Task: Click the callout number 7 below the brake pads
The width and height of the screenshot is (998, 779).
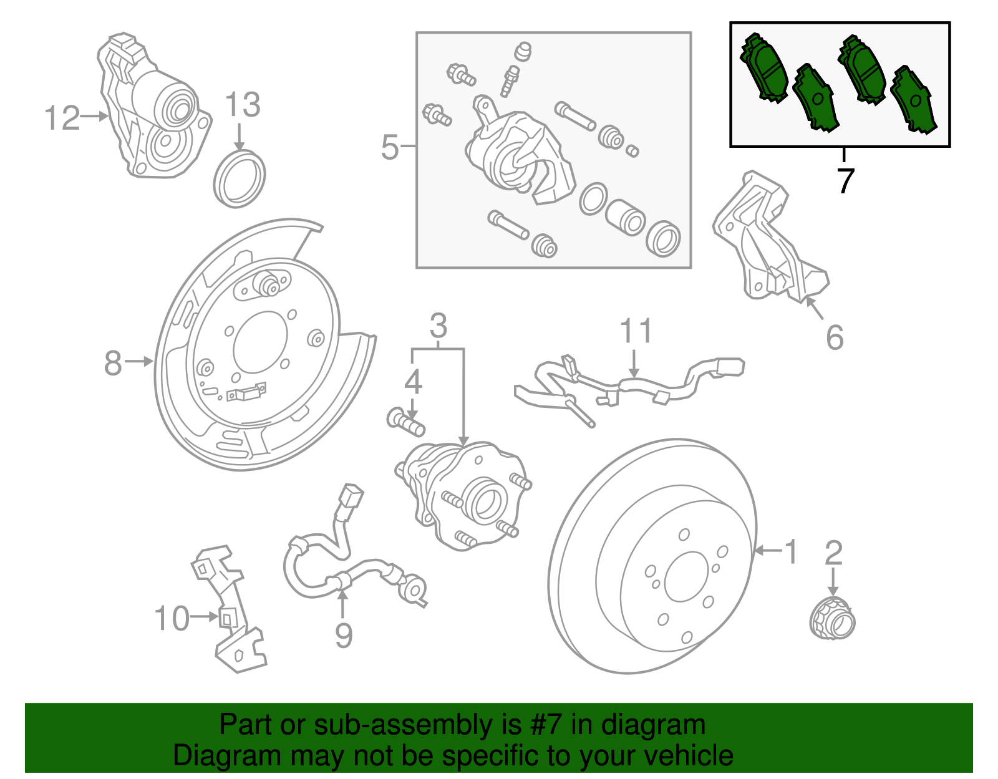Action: click(x=845, y=181)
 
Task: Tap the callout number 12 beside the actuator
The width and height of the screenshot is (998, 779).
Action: click(x=62, y=118)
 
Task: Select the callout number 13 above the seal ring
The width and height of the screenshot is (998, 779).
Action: click(x=242, y=105)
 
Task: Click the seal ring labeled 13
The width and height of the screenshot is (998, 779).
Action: click(x=239, y=178)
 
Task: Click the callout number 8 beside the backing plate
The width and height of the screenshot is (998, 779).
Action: click(x=113, y=363)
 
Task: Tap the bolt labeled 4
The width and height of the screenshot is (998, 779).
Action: click(x=406, y=422)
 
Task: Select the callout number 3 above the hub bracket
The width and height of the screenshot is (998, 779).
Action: click(x=438, y=326)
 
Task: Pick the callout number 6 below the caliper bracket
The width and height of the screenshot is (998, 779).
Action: click(x=835, y=337)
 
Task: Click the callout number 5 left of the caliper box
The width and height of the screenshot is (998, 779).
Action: click(x=390, y=147)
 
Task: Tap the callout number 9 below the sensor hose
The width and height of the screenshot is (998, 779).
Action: click(x=344, y=635)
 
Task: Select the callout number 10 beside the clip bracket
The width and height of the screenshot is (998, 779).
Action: click(x=172, y=619)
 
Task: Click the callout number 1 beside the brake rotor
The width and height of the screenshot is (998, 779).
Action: click(x=790, y=552)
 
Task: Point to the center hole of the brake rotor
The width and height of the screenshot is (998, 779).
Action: click(x=687, y=577)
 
